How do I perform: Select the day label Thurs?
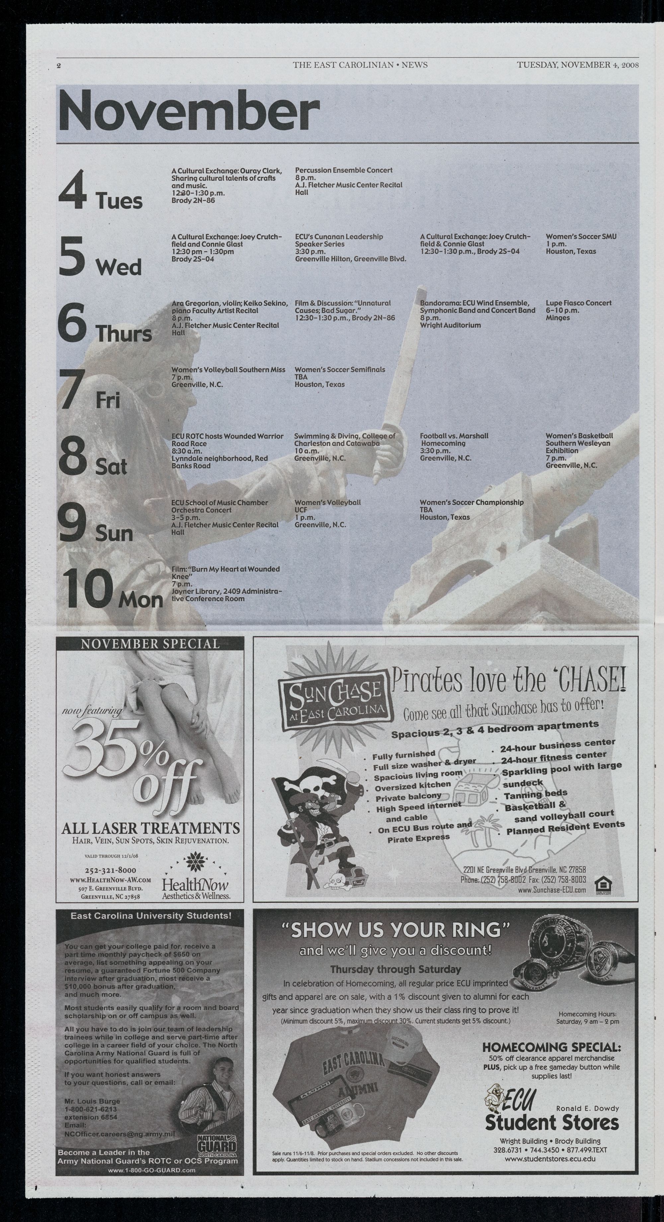(124, 334)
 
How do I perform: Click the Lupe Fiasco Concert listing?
(578, 310)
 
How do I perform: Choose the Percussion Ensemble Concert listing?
(348, 181)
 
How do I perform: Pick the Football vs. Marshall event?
(454, 447)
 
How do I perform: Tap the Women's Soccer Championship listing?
(471, 509)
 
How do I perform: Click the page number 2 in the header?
(59, 65)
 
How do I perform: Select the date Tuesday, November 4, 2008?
(578, 65)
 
